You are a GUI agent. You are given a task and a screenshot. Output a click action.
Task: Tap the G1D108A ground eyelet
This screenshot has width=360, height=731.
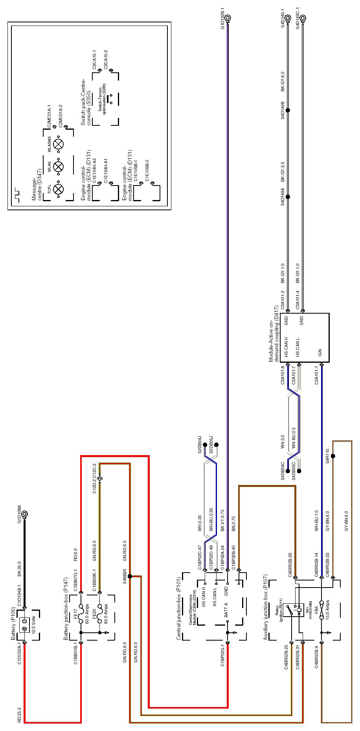pos(25,514)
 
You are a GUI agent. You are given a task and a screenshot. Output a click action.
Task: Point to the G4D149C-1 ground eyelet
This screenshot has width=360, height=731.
pos(303,18)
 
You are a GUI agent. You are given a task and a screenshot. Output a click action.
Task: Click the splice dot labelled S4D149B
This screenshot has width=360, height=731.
pos(288,110)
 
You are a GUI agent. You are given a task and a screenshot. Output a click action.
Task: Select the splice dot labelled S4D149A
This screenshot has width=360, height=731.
pos(288,197)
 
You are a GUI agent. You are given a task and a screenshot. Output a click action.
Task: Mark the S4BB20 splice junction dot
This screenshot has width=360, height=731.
pos(130,576)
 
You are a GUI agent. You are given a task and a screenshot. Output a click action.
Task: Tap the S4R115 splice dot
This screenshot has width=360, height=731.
pos(333,456)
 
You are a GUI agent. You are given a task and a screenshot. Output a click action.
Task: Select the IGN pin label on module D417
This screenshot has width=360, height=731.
pos(320,352)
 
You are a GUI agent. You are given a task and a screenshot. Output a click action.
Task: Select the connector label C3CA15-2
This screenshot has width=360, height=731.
pos(105,59)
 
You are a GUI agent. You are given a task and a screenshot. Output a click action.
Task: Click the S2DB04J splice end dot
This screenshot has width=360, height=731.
pos(205,445)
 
